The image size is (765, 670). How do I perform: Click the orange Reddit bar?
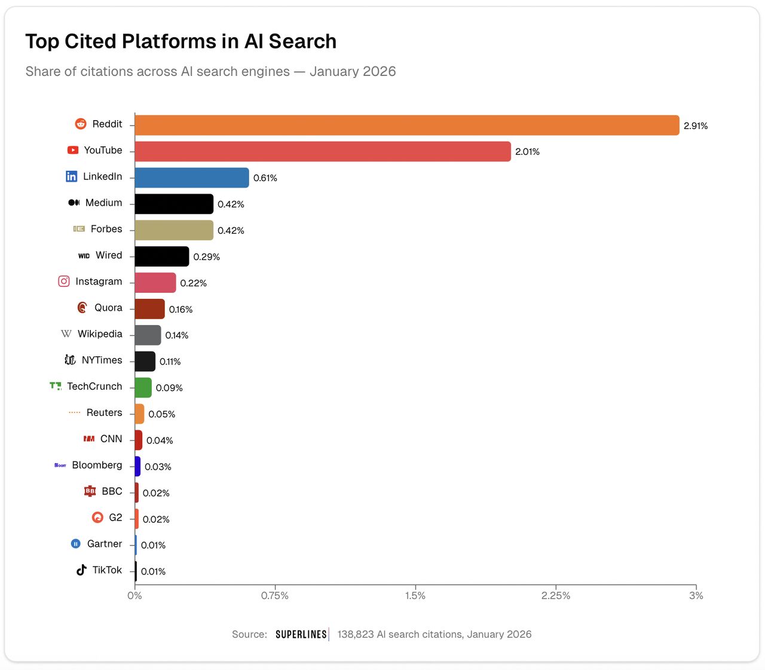tap(406, 126)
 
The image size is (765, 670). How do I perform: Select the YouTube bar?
tap(323, 152)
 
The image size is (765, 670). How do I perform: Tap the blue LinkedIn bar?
tap(192, 178)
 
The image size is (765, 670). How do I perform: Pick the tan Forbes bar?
tap(174, 230)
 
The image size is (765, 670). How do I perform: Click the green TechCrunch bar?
tap(143, 388)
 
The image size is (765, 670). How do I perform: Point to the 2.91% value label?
tap(696, 126)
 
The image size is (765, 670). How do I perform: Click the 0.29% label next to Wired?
tap(206, 257)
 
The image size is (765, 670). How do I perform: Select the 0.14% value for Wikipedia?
tap(176, 335)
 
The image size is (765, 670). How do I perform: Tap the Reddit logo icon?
tap(81, 124)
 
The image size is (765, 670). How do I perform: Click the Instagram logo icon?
tap(64, 281)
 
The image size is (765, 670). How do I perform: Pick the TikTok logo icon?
tap(81, 570)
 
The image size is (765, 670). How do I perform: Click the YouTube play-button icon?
tap(73, 150)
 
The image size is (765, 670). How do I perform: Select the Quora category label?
tap(108, 308)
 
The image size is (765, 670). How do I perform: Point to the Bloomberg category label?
tap(97, 465)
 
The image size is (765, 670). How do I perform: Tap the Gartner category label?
tap(105, 544)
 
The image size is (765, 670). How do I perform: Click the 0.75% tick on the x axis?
tap(275, 596)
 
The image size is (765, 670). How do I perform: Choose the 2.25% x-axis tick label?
tap(556, 596)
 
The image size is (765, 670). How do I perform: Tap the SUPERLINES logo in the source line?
tap(301, 635)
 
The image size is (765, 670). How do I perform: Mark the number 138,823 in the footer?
tap(356, 635)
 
